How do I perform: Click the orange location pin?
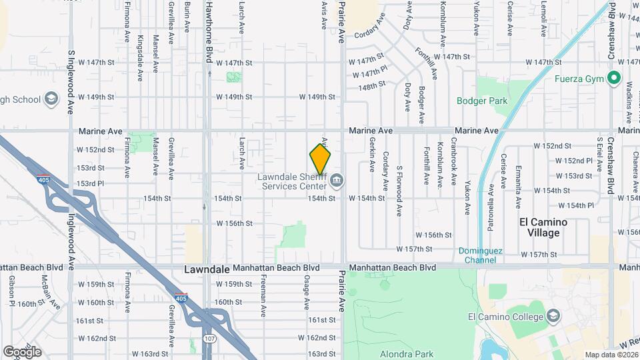[x=321, y=159]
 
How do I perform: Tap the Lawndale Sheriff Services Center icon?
[x=337, y=179]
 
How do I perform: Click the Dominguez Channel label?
[x=480, y=255]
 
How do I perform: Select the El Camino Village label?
[x=543, y=227]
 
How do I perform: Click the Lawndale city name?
[x=207, y=269]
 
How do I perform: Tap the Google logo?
[x=22, y=351]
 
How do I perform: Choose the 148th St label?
[x=372, y=86]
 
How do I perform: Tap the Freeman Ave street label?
[x=264, y=295]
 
